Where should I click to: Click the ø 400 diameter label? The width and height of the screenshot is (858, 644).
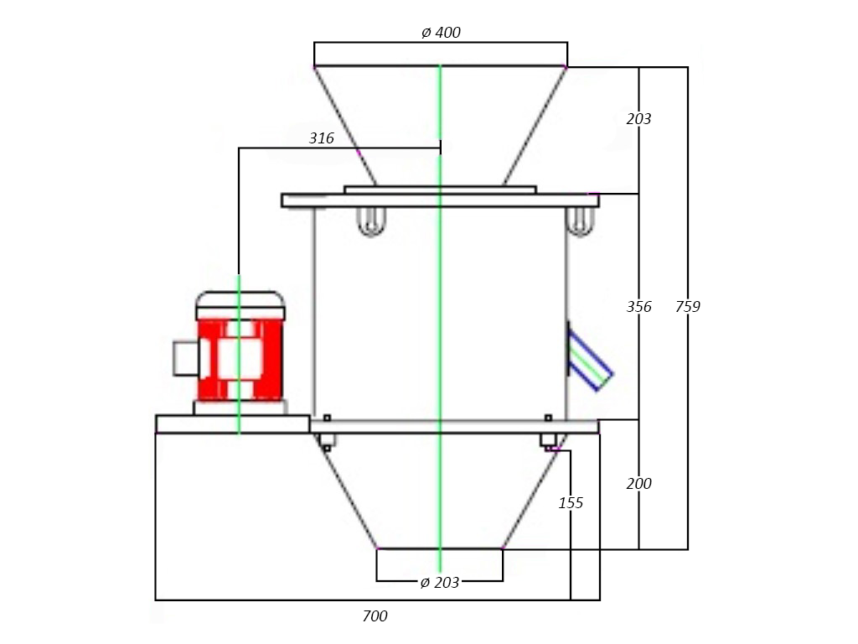click(441, 33)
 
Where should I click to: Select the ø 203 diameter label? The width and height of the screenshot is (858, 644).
click(439, 582)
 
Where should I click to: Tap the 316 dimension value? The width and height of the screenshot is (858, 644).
click(322, 138)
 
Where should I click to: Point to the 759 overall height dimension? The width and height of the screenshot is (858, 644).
click(688, 306)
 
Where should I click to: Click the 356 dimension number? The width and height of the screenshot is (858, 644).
click(639, 306)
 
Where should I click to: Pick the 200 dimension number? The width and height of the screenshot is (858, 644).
click(639, 484)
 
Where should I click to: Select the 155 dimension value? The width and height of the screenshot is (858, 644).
click(571, 503)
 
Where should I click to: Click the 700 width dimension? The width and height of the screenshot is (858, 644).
click(375, 616)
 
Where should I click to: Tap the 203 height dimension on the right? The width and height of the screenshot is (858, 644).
click(639, 119)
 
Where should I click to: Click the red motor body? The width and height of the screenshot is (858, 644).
click(240, 359)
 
